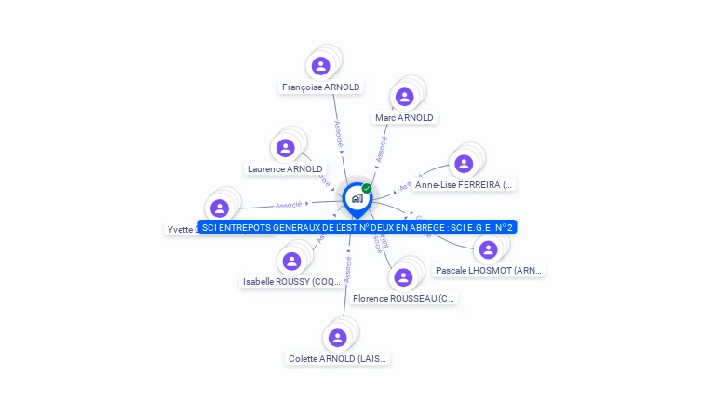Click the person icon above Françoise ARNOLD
pyautogui.click(x=321, y=65)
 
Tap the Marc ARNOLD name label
pyautogui.click(x=404, y=118)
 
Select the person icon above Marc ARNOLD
pyautogui.click(x=404, y=96)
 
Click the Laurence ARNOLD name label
pyautogui.click(x=285, y=169)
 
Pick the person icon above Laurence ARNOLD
pyautogui.click(x=286, y=148)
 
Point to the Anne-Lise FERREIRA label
pyautogui.click(x=464, y=185)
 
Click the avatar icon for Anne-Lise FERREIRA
pyautogui.click(x=463, y=164)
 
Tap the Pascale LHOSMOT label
pyautogui.click(x=490, y=270)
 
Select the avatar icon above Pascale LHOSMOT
pyautogui.click(x=488, y=249)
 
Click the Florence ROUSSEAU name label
pyautogui.click(x=404, y=299)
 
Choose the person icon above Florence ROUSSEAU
pyautogui.click(x=403, y=276)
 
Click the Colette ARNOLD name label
pyautogui.click(x=338, y=358)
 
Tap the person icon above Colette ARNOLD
pyautogui.click(x=338, y=337)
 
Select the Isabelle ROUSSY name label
pyautogui.click(x=292, y=281)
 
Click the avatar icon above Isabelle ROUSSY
pyautogui.click(x=292, y=261)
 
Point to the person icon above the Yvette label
pyautogui.click(x=220, y=208)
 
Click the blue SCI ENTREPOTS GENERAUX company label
pyautogui.click(x=357, y=227)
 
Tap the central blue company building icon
pyautogui.click(x=357, y=198)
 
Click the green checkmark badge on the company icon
pyautogui.click(x=367, y=188)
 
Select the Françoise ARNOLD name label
pyautogui.click(x=321, y=87)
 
